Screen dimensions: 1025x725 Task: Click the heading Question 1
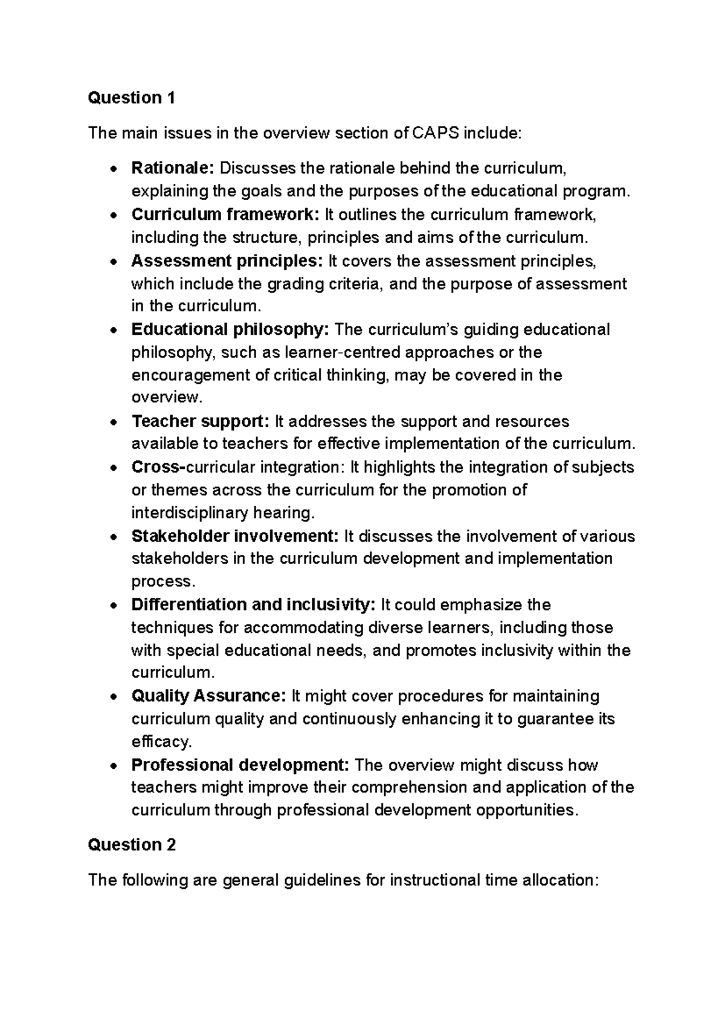click(131, 98)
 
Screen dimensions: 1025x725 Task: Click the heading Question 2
click(132, 845)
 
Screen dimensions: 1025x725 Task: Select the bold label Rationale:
click(173, 167)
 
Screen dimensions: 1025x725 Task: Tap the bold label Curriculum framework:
click(225, 214)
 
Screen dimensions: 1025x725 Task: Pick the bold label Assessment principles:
click(227, 261)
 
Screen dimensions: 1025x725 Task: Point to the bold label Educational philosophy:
click(230, 329)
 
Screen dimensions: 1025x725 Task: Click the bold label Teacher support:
click(200, 421)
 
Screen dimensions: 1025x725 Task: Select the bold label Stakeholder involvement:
click(234, 536)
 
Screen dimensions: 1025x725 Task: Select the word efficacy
click(161, 742)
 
